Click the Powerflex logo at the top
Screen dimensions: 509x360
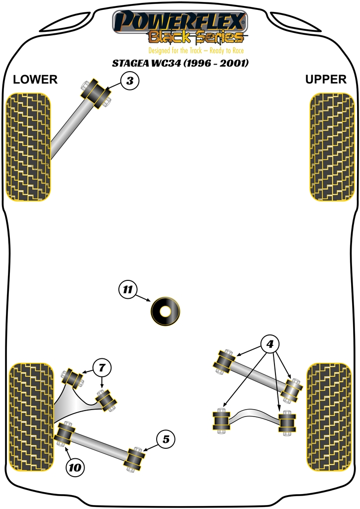tap(180, 22)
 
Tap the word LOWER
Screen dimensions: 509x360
tap(35, 79)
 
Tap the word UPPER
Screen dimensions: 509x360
tap(326, 79)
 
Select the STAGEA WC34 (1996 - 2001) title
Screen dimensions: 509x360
tap(180, 63)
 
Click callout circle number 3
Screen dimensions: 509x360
tap(129, 81)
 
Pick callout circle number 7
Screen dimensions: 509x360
tap(101, 368)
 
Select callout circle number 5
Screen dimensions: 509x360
tap(166, 439)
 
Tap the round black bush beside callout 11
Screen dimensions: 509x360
tap(165, 311)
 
